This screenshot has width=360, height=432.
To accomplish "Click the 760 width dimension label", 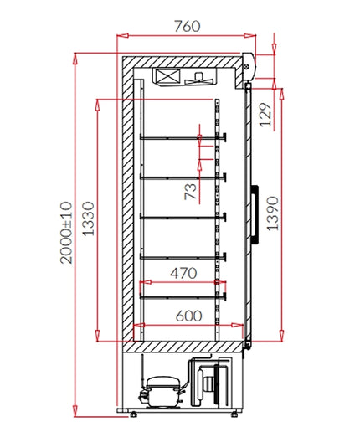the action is click(x=188, y=26).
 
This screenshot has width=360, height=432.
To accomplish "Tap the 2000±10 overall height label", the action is click(x=66, y=232).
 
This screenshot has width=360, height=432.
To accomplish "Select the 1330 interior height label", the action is click(x=89, y=219).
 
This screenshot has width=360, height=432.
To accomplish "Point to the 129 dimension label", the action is click(x=265, y=115).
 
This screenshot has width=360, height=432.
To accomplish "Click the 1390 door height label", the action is click(x=272, y=213).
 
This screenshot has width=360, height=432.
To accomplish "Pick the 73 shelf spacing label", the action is click(x=190, y=192).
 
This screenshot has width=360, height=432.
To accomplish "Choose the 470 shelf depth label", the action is click(x=183, y=273).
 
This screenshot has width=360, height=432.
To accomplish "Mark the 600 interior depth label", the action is click(x=188, y=316).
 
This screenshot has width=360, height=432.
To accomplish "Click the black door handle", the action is click(x=255, y=214).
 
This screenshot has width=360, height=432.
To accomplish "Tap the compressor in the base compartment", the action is click(x=162, y=391).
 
